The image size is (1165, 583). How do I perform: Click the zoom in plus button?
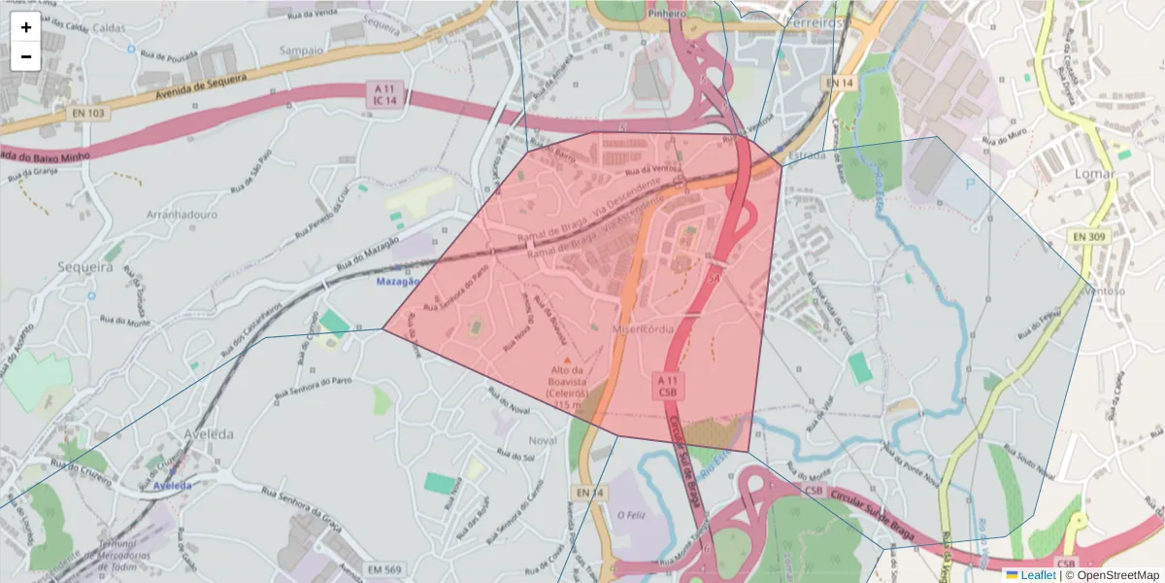click(x=26, y=27)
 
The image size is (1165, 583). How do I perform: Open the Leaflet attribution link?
click(x=1038, y=575)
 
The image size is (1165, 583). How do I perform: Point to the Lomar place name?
click(x=1094, y=174)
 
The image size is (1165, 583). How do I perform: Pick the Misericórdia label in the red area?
click(x=643, y=329)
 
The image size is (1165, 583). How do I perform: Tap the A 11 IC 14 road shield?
click(x=385, y=94)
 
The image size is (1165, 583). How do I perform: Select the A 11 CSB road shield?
click(x=667, y=386)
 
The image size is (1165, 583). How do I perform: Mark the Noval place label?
click(x=543, y=440)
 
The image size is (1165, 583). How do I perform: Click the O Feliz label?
click(x=631, y=514)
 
